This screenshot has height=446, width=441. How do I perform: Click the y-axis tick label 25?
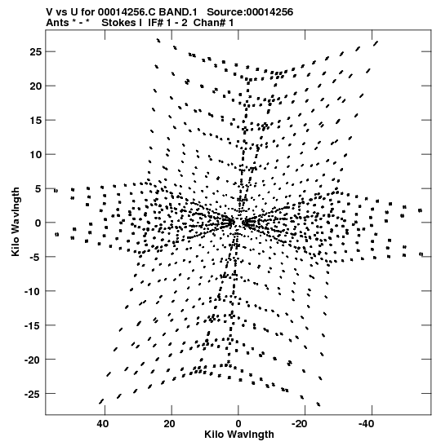pyautogui.click(x=35, y=51)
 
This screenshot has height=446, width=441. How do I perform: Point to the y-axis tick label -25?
pyautogui.click(x=33, y=394)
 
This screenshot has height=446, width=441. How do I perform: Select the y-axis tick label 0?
pyautogui.click(x=38, y=223)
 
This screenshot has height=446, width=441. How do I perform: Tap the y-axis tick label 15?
pyautogui.click(x=35, y=121)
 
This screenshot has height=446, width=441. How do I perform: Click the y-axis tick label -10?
pyautogui.click(x=33, y=291)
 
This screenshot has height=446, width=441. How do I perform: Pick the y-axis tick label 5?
pyautogui.click(x=38, y=188)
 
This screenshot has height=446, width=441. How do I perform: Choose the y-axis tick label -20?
pyautogui.click(x=33, y=360)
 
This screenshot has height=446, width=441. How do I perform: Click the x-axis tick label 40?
pyautogui.click(x=103, y=424)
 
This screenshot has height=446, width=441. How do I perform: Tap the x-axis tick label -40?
pyautogui.click(x=366, y=424)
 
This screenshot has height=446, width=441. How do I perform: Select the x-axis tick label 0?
pyautogui.click(x=238, y=424)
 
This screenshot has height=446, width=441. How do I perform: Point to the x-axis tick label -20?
pyautogui.click(x=300, y=424)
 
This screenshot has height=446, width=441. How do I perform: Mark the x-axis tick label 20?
pyautogui.click(x=169, y=424)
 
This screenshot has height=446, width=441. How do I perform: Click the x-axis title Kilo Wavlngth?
pyautogui.click(x=239, y=435)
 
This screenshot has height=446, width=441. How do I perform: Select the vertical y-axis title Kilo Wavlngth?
pyautogui.click(x=16, y=222)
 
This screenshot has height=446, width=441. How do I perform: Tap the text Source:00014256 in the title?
pyautogui.click(x=250, y=12)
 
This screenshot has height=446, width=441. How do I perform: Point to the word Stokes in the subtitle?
pyautogui.click(x=119, y=23)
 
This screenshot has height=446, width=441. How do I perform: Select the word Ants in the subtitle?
pyautogui.click(x=57, y=23)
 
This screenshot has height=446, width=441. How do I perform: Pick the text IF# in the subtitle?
pyautogui.click(x=155, y=23)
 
